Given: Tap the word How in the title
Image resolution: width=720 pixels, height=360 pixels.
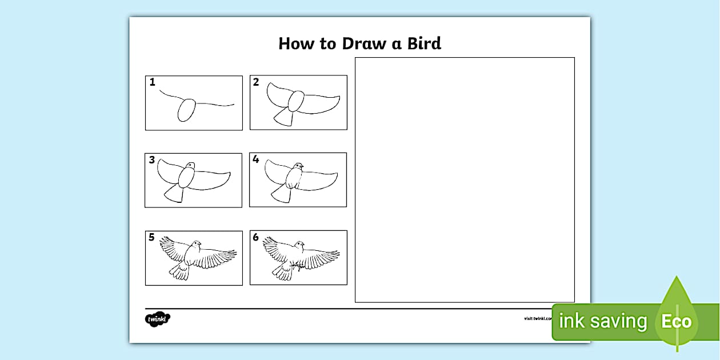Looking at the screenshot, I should click(297, 43).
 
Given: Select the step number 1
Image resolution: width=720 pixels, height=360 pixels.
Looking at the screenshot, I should click(153, 82).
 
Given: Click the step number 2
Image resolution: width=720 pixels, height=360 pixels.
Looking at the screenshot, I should click(256, 82).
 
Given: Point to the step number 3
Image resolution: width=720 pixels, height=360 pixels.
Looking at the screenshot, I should click(152, 160).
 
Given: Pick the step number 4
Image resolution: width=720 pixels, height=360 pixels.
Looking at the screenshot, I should click(256, 159).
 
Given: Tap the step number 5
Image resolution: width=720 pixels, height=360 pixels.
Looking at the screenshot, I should click(152, 237).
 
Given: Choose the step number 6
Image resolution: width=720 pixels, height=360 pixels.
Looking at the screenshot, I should click(256, 237).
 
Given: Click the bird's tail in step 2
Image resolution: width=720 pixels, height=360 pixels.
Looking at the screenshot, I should click(284, 117).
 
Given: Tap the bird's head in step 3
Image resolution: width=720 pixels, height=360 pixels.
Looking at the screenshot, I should click(190, 166).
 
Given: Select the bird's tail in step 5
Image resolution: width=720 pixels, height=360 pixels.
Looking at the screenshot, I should click(179, 273).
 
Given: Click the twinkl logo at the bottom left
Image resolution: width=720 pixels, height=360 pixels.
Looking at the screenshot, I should click(158, 318).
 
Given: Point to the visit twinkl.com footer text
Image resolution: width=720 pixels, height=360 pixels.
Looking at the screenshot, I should click(537, 318).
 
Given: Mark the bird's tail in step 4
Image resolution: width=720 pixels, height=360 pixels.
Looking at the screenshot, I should click(281, 195).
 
